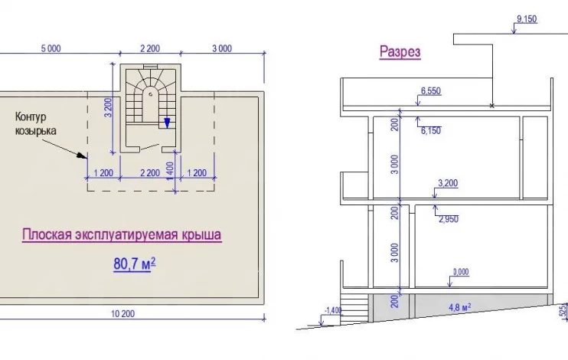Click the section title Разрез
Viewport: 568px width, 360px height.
click(400, 51)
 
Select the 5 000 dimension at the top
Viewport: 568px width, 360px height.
click(51, 48)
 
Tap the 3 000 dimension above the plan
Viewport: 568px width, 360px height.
click(222, 48)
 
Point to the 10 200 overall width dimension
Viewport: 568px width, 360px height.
click(122, 313)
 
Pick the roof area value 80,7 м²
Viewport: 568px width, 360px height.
click(135, 264)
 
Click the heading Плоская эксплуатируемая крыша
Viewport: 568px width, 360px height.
click(122, 234)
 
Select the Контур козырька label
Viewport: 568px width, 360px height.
click(35, 123)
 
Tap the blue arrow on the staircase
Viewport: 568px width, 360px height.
click(167, 123)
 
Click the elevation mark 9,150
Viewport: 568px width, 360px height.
click(527, 19)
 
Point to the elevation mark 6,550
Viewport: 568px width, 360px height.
click(431, 90)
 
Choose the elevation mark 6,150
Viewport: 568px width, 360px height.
click(431, 130)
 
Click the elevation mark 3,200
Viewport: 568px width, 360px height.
click(448, 183)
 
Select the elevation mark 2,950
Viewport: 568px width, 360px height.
click(449, 219)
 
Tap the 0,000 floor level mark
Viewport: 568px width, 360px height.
click(461, 272)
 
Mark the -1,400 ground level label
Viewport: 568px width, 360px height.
click(333, 310)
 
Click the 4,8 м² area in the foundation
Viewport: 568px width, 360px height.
click(460, 307)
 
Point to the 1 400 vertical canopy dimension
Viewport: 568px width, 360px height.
click(170, 170)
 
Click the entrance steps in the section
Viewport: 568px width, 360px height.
click(355, 308)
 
